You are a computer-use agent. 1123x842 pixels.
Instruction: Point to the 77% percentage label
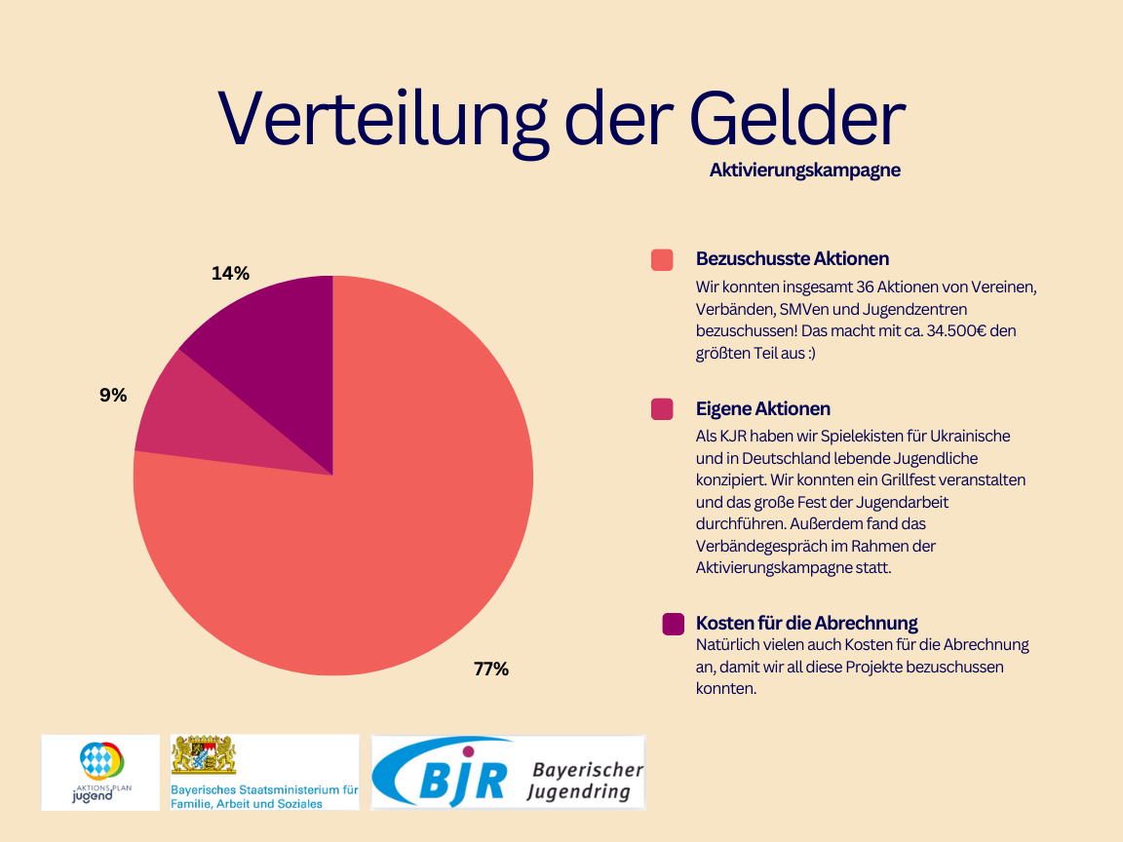click(x=490, y=670)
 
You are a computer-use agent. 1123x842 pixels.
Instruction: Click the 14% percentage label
click(x=230, y=274)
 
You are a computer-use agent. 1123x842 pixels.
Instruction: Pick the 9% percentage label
click(x=113, y=396)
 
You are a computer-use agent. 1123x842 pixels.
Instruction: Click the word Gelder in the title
click(x=796, y=119)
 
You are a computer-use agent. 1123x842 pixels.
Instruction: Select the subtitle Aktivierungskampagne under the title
click(x=804, y=171)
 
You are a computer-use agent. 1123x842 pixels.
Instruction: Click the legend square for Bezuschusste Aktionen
click(x=662, y=260)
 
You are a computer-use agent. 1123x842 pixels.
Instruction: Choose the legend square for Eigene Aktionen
click(x=662, y=409)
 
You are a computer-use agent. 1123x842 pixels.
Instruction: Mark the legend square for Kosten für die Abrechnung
click(x=673, y=624)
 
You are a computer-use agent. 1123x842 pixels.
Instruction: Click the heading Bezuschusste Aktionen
click(x=792, y=259)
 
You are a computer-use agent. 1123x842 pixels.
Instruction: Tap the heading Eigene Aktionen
click(x=762, y=408)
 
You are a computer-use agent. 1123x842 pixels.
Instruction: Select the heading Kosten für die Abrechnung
click(x=806, y=623)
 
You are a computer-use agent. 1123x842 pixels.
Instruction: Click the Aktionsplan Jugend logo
click(x=100, y=772)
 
